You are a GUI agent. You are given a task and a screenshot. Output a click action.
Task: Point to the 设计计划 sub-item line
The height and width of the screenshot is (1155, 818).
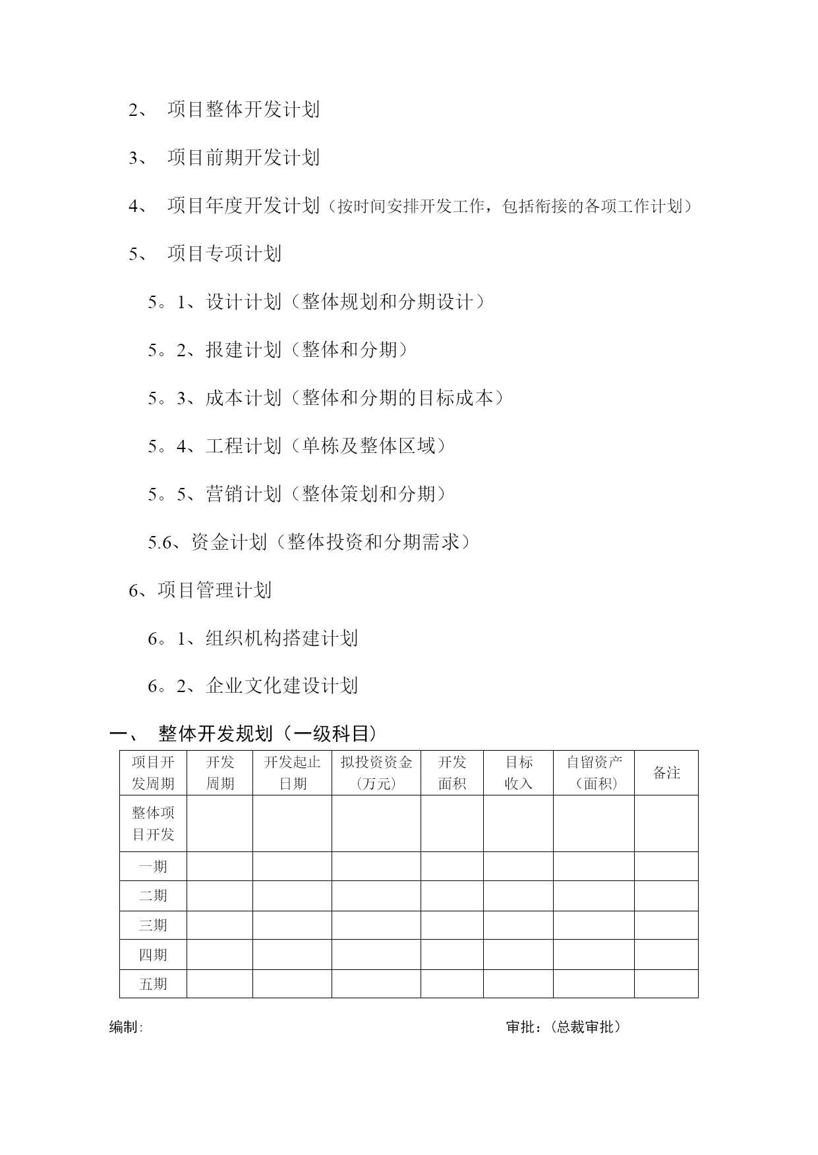coord(316,302)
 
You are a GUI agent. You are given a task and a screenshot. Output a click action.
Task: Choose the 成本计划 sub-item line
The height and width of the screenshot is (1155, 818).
coord(326,398)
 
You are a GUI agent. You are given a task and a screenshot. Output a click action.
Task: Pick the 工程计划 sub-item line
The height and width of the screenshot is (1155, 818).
coord(298,446)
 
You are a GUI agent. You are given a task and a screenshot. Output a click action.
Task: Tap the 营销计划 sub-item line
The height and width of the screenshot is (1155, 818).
coord(298,494)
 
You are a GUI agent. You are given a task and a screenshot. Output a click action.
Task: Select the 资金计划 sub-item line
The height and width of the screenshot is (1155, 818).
coord(310,542)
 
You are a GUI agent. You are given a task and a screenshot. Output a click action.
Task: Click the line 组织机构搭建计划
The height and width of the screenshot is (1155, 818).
coord(253,638)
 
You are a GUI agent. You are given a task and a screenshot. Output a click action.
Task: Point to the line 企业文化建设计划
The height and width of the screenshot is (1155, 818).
coord(253,685)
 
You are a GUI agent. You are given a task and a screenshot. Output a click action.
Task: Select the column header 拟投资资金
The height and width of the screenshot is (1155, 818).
coord(376,772)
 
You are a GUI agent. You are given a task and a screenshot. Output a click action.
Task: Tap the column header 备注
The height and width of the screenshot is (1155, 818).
coord(666,772)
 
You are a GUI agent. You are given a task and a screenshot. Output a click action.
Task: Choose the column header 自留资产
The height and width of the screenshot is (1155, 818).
coord(593,772)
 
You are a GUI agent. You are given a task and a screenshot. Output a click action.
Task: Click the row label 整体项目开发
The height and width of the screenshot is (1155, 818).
coord(153,823)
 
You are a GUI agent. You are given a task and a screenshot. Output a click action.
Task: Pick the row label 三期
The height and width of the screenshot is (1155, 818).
coord(153,925)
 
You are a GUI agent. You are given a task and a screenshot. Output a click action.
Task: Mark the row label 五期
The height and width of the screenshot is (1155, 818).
coord(153,984)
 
